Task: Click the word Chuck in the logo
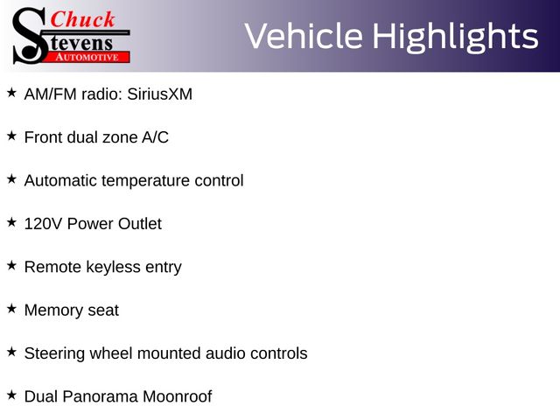[82, 19]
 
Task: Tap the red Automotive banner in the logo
[87, 57]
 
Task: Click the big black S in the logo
[29, 36]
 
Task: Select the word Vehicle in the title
[304, 36]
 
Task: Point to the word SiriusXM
[159, 94]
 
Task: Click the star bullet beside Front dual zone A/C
[11, 136]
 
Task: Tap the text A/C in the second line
[155, 137]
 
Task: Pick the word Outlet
[140, 224]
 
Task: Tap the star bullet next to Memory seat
[11, 309]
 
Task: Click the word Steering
[54, 353]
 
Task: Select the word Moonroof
[177, 396]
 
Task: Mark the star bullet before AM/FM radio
[11, 93]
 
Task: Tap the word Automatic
[60, 181]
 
